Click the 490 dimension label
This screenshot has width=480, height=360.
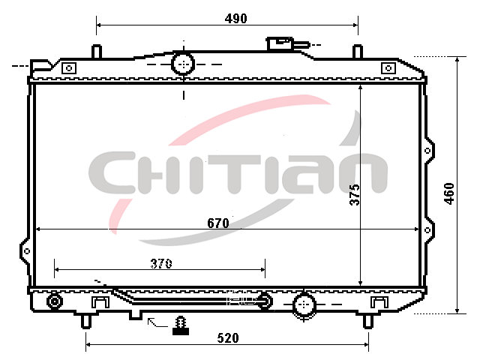[x=235, y=19]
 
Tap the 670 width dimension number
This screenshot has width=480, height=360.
[x=218, y=223]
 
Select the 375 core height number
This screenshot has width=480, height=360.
[x=355, y=195]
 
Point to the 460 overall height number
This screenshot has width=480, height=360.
[x=449, y=193]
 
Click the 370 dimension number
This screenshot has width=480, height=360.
[x=161, y=263]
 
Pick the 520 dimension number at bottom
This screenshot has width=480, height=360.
[x=228, y=338]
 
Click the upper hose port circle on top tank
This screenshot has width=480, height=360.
[x=183, y=64]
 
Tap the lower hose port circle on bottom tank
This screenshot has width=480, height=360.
[x=304, y=305]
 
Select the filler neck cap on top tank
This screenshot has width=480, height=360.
[x=280, y=43]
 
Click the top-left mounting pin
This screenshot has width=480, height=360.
[x=97, y=52]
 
